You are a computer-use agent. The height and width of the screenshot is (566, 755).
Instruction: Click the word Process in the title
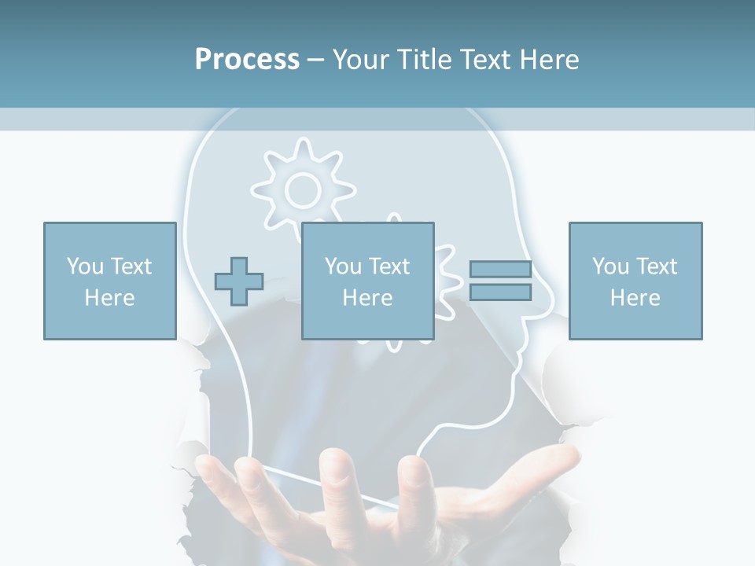pos(247,60)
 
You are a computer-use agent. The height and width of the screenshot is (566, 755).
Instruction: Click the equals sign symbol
pos(500,281)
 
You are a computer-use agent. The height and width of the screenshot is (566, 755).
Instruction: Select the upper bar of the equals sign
pos(500,270)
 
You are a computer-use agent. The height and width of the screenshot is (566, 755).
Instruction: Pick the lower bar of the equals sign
pos(500,292)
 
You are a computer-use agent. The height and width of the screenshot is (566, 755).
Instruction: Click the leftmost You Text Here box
pos(109,281)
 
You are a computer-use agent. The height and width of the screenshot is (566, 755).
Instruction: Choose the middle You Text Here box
pos(367,281)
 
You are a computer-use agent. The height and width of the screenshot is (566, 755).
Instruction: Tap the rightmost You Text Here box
pos(635,281)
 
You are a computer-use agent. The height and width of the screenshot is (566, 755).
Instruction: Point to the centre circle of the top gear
pos(303,189)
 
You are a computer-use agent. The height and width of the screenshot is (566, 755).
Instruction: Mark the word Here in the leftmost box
pos(109,298)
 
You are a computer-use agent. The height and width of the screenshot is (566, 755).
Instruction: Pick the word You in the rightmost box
pos(610,266)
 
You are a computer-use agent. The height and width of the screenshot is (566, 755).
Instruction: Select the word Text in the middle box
pos(389,266)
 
